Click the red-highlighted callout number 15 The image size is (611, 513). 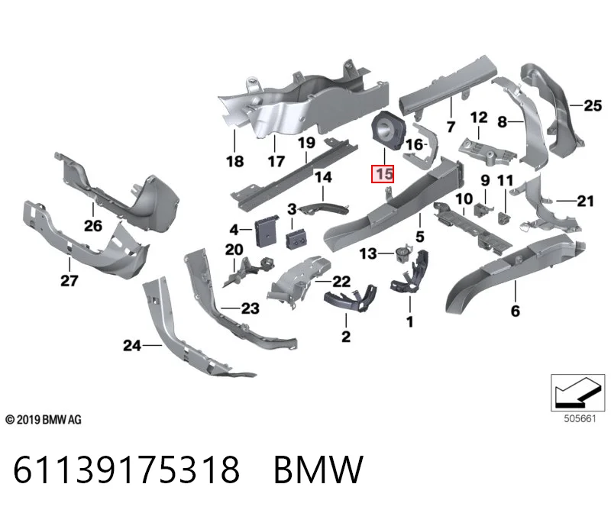(x=383, y=174)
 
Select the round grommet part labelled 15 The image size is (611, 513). (x=387, y=130)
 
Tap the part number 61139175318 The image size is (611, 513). (x=127, y=469)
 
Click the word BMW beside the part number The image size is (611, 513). (x=318, y=469)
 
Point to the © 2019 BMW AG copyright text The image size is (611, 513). (x=44, y=420)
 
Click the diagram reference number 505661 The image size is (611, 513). (x=580, y=419)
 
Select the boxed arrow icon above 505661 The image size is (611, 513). (x=578, y=392)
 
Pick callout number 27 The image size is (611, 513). (x=70, y=280)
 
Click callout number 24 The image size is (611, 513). (x=132, y=346)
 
